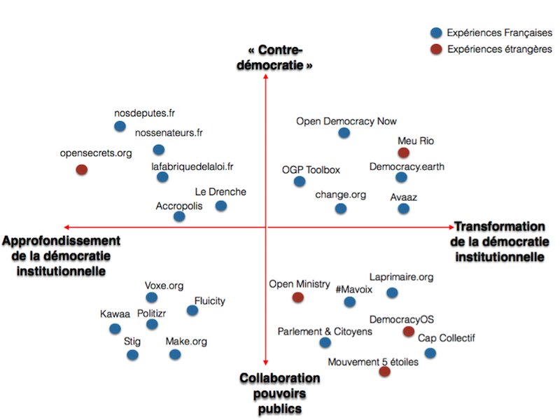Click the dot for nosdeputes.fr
coord(120,127)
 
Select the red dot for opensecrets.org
coord(81,169)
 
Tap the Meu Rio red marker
coord(403,153)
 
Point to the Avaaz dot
coord(403,209)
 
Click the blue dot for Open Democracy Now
coord(343,133)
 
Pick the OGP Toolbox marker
coord(300,181)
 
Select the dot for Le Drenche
coord(221,206)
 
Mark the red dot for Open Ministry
coord(298,297)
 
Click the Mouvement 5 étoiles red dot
coord(384,372)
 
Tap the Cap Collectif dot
coord(430,353)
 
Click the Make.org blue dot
coord(175,354)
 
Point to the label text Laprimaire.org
coord(401,278)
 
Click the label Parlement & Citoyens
coord(325,331)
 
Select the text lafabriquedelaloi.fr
coord(192,167)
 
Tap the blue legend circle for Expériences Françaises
coord(436,32)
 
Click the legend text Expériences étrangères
coord(500,49)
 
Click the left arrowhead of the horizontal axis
coord(66,227)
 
